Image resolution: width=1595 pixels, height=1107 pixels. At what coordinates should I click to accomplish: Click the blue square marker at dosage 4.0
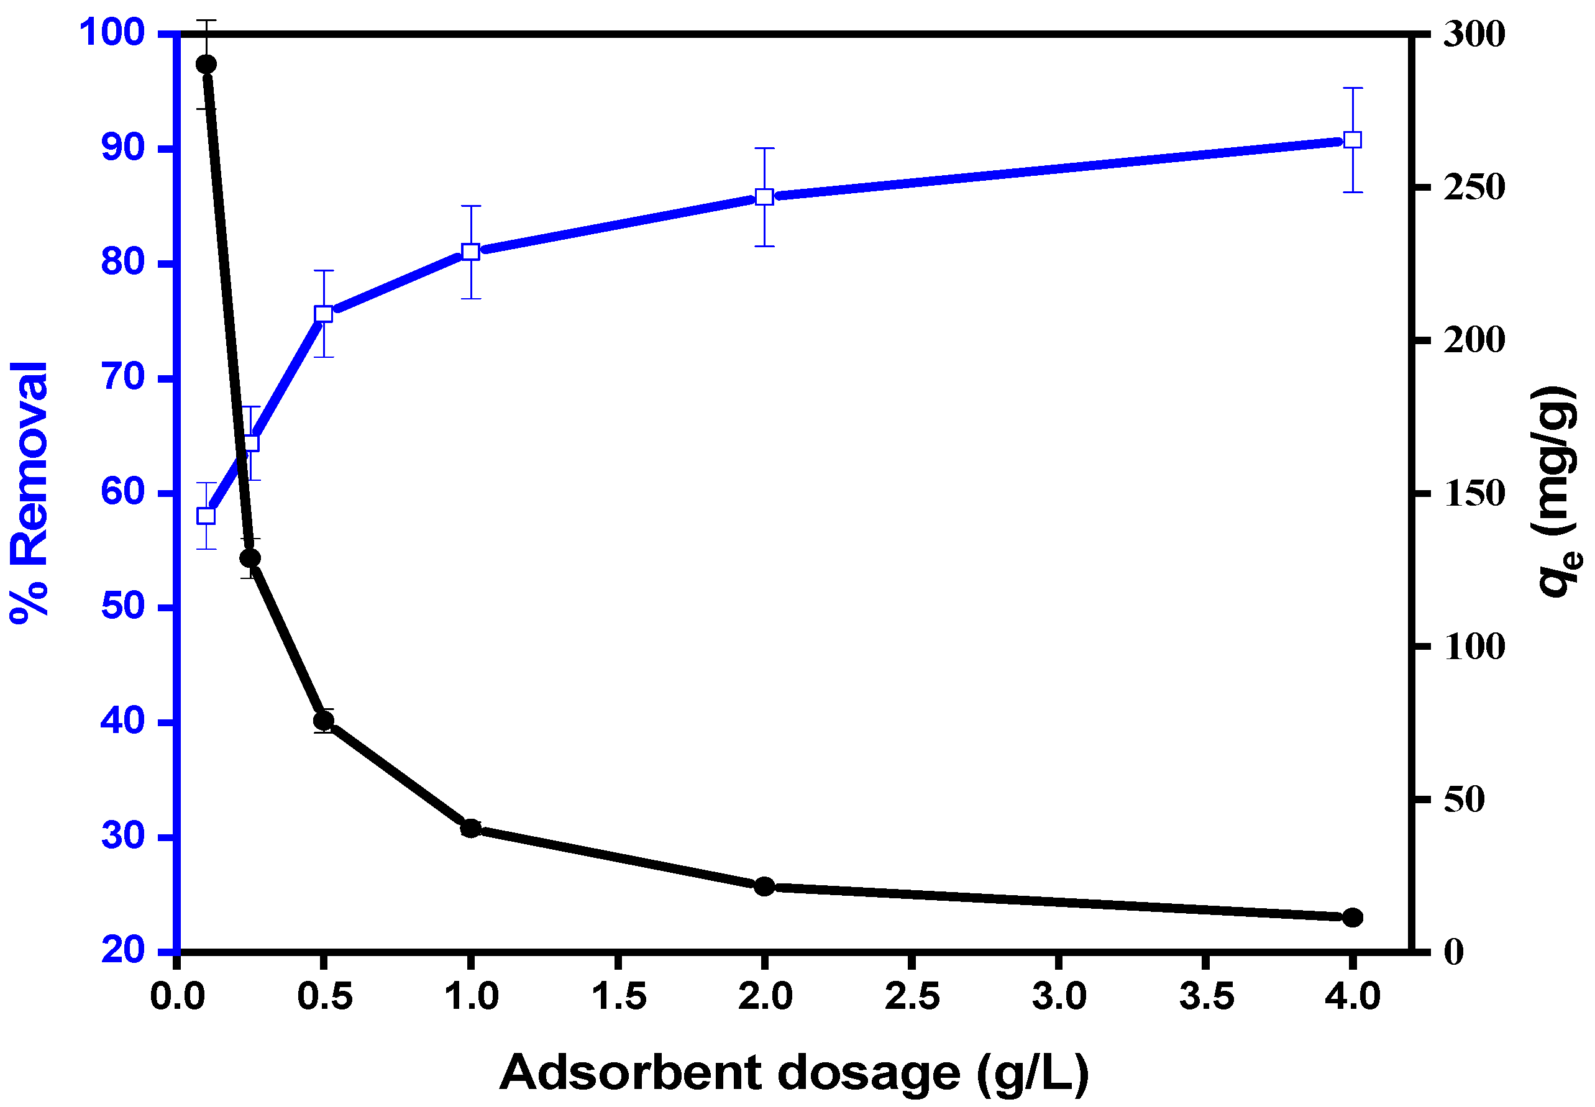[1352, 140]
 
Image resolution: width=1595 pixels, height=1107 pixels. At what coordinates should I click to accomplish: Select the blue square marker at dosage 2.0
[764, 197]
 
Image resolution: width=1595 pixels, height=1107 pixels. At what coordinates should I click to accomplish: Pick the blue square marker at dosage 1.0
[470, 252]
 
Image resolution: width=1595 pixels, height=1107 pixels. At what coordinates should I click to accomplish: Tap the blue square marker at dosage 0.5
[323, 314]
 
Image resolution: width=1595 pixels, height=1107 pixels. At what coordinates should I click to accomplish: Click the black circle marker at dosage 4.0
[1352, 918]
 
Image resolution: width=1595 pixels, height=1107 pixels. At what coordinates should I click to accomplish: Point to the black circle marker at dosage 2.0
[764, 886]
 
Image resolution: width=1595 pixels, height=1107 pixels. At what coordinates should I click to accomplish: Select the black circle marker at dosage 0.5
[323, 721]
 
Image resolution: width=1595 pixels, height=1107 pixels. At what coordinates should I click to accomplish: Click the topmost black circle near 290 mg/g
[206, 65]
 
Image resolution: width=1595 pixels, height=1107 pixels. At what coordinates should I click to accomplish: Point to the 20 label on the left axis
[123, 950]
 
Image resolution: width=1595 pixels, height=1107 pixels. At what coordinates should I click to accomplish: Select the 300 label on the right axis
[1474, 34]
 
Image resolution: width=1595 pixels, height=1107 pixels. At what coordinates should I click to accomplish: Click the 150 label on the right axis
[1474, 494]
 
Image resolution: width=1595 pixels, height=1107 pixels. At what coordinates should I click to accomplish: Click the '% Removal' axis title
[29, 493]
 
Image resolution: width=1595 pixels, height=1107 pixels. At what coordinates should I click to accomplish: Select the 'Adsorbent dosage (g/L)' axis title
[793, 1072]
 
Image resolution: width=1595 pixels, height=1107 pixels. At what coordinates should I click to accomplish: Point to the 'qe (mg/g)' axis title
[1558, 493]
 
